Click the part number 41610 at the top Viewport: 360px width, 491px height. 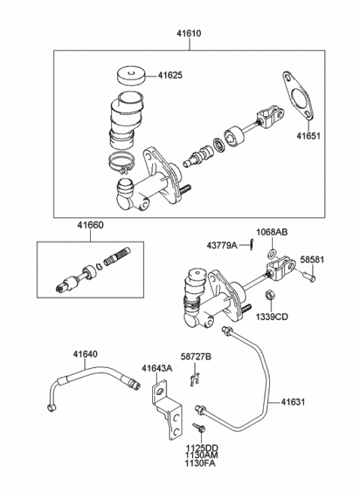189,33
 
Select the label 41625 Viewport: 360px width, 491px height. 169,76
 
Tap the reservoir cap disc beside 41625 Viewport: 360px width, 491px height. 131,76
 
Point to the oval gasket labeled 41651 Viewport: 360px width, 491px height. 298,95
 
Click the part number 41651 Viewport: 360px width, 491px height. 309,136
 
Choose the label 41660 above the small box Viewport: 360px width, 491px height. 91,225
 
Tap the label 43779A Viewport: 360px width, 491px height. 222,245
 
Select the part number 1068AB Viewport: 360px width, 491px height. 272,232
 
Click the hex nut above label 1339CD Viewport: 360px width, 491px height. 269,295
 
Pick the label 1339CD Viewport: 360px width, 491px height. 271,316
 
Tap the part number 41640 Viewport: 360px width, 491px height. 85,354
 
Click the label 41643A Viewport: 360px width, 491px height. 157,368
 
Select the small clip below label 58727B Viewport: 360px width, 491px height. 194,379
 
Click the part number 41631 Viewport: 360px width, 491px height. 292,402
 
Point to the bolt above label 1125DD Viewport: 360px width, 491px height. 199,428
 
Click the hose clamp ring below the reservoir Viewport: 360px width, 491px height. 121,162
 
